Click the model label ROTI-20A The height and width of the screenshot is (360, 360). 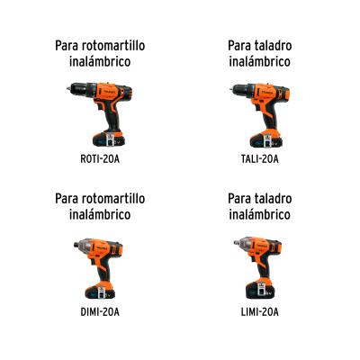click(100, 159)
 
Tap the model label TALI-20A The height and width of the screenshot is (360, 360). click(260, 159)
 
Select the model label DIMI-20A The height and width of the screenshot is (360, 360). click(100, 312)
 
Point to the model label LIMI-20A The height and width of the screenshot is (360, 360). click(260, 312)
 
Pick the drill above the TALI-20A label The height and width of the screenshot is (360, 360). click(261, 115)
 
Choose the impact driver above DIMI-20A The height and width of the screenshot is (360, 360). click(99, 268)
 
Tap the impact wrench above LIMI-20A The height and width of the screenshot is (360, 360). click(258, 267)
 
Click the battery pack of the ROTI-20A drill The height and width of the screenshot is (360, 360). click(109, 139)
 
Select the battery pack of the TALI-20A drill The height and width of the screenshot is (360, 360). click(266, 139)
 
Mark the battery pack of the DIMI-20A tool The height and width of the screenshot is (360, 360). click(100, 291)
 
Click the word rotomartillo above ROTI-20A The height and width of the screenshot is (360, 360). click(112, 46)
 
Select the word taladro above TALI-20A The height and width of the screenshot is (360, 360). click(273, 46)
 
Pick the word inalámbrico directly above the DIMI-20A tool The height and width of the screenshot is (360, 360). click(100, 214)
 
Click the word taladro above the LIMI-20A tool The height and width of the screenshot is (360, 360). click(273, 199)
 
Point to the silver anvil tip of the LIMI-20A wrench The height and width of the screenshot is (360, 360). click(237, 242)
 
